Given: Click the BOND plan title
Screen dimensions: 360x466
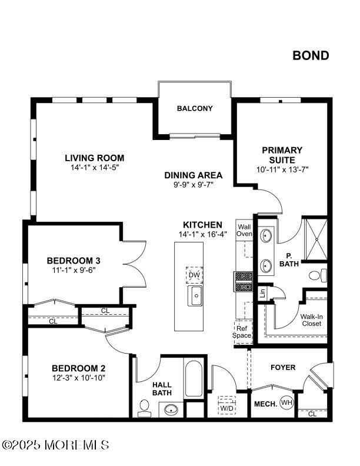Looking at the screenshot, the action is click(x=311, y=55).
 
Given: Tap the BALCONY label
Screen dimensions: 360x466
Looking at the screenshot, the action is click(x=195, y=108).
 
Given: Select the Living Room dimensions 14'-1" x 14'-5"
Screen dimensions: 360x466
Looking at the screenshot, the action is click(x=95, y=167).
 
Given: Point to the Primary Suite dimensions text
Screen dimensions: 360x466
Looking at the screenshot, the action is click(x=282, y=169).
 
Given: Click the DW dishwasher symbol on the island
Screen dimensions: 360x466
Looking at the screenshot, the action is click(x=195, y=275).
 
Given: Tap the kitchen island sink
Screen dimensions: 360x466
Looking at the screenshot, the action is click(x=196, y=296).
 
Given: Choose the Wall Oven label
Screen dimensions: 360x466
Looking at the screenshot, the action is click(x=244, y=230).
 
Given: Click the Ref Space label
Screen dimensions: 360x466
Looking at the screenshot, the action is click(x=242, y=332).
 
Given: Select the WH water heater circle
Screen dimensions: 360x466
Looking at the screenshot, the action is click(x=286, y=403).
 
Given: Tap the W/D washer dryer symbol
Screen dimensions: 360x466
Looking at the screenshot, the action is click(x=227, y=405).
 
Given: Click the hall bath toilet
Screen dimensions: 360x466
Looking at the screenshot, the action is click(x=144, y=408).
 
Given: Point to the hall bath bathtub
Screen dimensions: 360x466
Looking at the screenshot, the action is click(x=194, y=378).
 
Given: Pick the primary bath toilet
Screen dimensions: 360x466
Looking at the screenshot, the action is click(x=318, y=275).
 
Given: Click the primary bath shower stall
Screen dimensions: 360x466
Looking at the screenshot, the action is click(x=316, y=239).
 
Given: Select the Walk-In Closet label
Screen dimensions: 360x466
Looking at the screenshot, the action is click(x=312, y=320).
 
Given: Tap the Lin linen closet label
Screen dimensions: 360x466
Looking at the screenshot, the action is click(x=262, y=294).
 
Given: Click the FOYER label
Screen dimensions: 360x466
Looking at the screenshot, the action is click(x=283, y=368).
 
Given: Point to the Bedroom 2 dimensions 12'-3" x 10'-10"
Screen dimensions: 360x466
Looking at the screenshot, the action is click(x=79, y=378).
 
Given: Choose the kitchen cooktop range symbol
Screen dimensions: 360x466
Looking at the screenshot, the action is click(x=244, y=282).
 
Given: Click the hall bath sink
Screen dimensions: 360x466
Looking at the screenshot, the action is click(x=171, y=410).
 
